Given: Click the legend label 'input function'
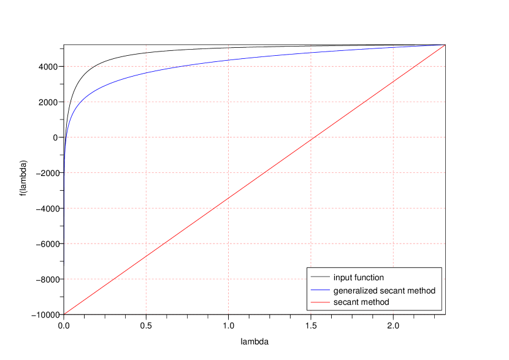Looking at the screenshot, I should point(359,278).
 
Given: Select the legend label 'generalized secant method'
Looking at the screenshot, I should point(384,290).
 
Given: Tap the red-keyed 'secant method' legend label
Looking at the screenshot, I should point(361,302).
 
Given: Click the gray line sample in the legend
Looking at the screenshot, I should point(320,278).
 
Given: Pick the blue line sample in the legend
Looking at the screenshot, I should point(320,290).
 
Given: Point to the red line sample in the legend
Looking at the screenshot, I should point(320,302).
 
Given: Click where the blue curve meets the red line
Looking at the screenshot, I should point(443,45).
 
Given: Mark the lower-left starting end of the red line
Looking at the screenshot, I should point(64,314).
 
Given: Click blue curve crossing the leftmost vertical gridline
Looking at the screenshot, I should point(146,73).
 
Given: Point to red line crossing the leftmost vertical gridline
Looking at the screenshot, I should point(146,256).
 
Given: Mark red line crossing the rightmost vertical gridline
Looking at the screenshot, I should point(392,82).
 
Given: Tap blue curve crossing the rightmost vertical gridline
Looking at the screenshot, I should point(392,47).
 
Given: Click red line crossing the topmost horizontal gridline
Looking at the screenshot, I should point(415,66).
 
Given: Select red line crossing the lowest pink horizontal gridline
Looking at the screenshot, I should point(114,279).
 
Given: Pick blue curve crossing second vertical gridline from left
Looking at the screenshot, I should point(228,61).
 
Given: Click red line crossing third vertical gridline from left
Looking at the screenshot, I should point(311,139).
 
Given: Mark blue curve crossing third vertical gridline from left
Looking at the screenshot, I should point(311,53).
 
